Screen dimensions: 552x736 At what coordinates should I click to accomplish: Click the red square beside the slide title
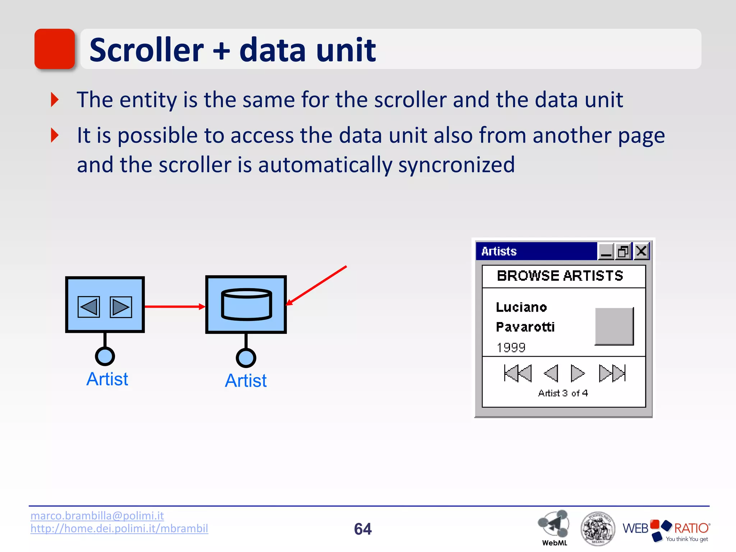pyautogui.click(x=55, y=49)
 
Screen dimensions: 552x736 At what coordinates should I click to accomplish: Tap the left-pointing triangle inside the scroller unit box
pyautogui.click(x=89, y=307)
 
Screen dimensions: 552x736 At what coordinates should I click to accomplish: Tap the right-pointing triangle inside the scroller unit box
pyautogui.click(x=121, y=307)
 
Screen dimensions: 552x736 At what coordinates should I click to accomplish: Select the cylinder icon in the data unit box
pyautogui.click(x=247, y=304)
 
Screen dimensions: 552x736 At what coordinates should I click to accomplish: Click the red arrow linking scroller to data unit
pyautogui.click(x=174, y=307)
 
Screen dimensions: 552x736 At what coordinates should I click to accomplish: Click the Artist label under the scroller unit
pyautogui.click(x=107, y=379)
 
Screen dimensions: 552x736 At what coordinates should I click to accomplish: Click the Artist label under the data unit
pyautogui.click(x=246, y=381)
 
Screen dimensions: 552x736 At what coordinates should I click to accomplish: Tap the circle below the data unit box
pyautogui.click(x=246, y=358)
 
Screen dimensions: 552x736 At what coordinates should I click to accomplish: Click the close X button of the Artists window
pyautogui.click(x=641, y=251)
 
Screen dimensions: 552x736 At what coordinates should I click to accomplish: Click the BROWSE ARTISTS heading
pyautogui.click(x=560, y=276)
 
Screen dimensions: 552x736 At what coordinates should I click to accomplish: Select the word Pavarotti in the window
pyautogui.click(x=525, y=327)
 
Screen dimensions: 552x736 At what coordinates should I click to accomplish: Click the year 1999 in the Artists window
pyautogui.click(x=511, y=348)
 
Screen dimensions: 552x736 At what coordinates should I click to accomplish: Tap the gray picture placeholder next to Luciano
pyautogui.click(x=614, y=326)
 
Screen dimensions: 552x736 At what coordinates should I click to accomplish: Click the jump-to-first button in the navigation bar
pyautogui.click(x=517, y=373)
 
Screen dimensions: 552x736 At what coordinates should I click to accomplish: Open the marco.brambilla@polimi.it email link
pyautogui.click(x=97, y=516)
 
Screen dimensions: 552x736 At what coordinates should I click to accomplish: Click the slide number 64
pyautogui.click(x=363, y=529)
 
